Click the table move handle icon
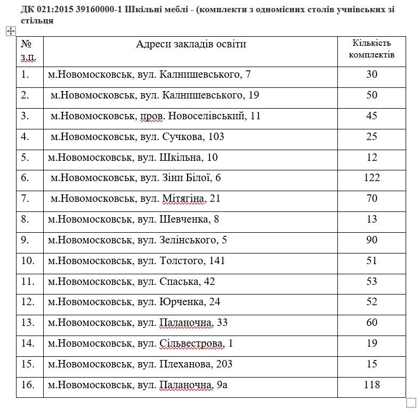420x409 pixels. pos(10,31)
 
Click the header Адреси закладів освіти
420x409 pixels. pos(191,44)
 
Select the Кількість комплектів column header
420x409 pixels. pos(372,48)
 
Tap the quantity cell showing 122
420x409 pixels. pos(372,178)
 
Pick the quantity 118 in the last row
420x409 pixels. pos(372,385)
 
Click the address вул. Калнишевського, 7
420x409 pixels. pos(149,75)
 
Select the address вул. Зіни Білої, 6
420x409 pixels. pos(135,178)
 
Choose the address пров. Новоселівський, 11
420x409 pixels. pos(155,116)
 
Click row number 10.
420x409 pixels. pos(28,261)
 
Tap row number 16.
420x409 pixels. pos(28,385)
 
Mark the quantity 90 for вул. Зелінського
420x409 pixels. pos(372,240)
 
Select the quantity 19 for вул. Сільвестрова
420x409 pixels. pos(372,343)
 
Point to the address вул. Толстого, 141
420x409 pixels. pos(136,261)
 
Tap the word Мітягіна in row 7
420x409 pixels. pos(183,199)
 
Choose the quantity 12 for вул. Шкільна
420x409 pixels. pos(372,158)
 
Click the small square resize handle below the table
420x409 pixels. pos(411,402)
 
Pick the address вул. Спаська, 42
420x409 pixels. pos(131,282)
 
